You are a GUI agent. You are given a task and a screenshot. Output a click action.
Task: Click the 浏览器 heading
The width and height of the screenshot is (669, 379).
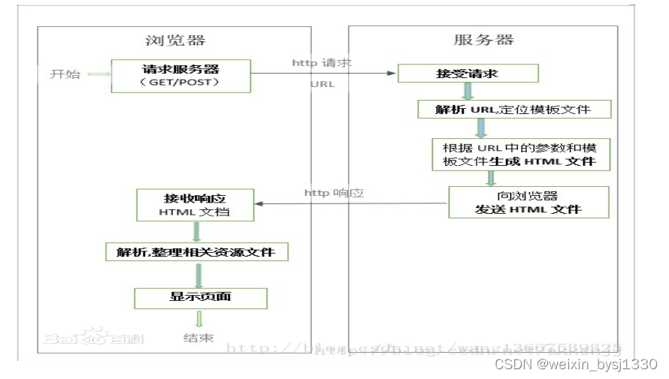[x=174, y=41]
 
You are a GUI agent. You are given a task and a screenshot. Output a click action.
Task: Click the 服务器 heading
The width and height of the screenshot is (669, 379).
[x=484, y=41]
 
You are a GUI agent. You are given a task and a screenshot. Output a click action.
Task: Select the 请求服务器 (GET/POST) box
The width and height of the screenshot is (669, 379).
[x=180, y=75]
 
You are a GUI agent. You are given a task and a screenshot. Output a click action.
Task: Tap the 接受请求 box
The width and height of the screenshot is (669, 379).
[x=468, y=74]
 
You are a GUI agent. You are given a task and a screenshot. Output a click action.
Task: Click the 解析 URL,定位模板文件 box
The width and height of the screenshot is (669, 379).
[x=514, y=110]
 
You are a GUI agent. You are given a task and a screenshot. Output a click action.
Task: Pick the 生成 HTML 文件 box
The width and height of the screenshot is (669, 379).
[x=520, y=154]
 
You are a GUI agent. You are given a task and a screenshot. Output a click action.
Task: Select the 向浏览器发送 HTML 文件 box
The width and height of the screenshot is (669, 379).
[x=528, y=202]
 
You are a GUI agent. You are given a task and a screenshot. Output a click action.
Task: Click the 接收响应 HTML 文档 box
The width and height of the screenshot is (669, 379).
[x=194, y=205]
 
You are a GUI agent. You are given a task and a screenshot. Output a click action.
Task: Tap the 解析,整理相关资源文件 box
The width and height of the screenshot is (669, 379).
[x=196, y=251]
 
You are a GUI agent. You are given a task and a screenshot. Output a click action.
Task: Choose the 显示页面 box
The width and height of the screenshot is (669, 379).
[x=200, y=298]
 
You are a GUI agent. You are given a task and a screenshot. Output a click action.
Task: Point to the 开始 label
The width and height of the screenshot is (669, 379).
[x=63, y=74]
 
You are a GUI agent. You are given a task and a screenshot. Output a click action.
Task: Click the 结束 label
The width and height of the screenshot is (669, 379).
[x=198, y=338]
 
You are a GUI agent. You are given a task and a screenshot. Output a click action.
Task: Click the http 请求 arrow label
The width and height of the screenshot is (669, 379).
[x=322, y=63]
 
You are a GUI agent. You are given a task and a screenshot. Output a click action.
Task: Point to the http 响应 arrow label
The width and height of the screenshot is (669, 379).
[x=334, y=193]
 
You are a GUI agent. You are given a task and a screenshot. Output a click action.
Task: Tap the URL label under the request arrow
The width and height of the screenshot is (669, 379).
[x=322, y=84]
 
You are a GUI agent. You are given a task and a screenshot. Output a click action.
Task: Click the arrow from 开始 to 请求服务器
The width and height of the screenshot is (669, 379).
[x=98, y=74]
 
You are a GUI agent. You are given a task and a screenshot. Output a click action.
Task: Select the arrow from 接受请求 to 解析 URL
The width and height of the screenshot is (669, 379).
[x=468, y=91]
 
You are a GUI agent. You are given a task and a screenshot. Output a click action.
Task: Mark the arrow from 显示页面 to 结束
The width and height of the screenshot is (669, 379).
[x=199, y=319]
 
